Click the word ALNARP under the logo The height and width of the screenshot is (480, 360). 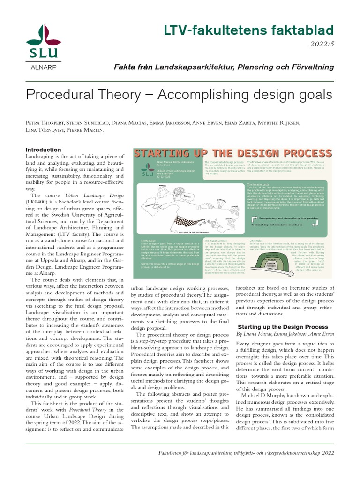coord(43,67)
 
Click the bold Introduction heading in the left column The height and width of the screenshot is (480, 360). coord(43,150)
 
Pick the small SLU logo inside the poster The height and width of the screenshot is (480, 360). coord(145,170)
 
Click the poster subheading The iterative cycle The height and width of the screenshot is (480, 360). coord(259,185)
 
